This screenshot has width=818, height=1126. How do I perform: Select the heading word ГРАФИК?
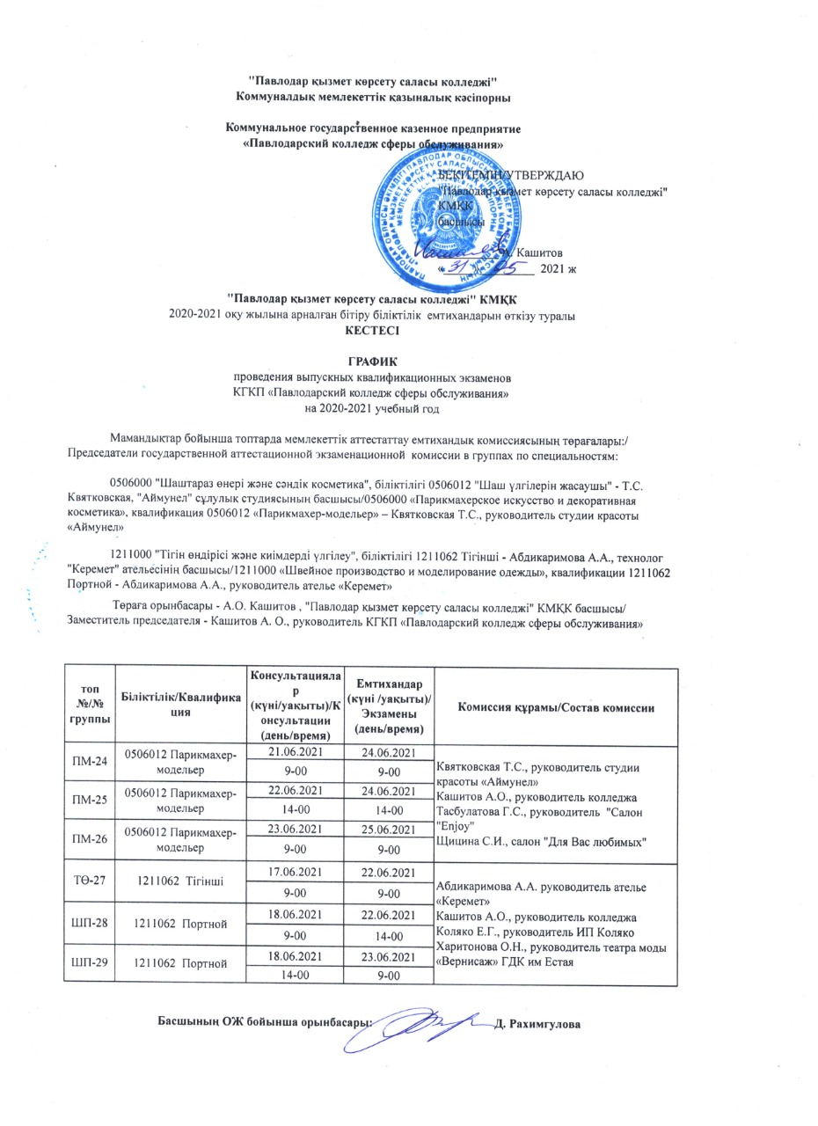coord(373,362)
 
